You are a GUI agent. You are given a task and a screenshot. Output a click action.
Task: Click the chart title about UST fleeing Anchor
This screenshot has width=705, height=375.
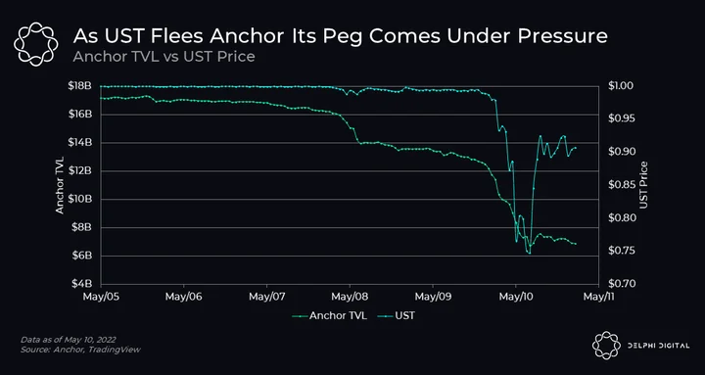pyautogui.click(x=341, y=37)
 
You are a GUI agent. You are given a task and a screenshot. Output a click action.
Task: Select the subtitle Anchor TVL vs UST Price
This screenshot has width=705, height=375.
pyautogui.click(x=164, y=57)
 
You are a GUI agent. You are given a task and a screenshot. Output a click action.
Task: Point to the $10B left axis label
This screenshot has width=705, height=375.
pyautogui.click(x=82, y=199)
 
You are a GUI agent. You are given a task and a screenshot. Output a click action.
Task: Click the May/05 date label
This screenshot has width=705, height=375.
pyautogui.click(x=101, y=297)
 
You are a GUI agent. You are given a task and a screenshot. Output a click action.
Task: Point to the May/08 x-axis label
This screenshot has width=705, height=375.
pyautogui.click(x=350, y=297)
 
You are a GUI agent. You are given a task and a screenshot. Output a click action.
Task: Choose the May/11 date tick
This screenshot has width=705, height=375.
pyautogui.click(x=598, y=297)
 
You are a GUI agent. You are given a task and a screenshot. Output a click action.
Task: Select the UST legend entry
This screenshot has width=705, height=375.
pyautogui.click(x=397, y=315)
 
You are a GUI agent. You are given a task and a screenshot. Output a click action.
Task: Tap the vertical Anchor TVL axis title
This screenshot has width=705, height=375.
pyautogui.click(x=61, y=185)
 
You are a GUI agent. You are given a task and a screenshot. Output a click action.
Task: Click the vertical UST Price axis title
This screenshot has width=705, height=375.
pyautogui.click(x=644, y=185)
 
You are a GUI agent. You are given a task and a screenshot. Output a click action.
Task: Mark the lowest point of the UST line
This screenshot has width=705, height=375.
pyautogui.click(x=530, y=254)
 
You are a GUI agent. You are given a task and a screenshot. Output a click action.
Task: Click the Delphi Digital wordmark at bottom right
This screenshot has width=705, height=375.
pyautogui.click(x=658, y=346)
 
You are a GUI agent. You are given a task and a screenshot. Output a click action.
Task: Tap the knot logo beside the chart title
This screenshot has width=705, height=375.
pyautogui.click(x=35, y=44)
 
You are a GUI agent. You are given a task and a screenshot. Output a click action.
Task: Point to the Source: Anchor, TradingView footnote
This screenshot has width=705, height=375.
pyautogui.click(x=80, y=350)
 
